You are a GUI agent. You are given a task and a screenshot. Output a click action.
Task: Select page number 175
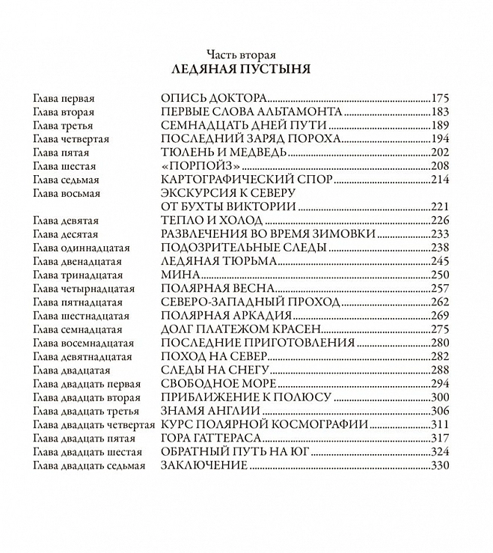click(440, 97)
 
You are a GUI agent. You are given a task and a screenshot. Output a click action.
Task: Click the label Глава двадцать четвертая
click(93, 424)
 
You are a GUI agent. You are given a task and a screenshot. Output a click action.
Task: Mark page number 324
click(440, 452)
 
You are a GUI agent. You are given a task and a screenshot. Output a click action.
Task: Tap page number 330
click(440, 465)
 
